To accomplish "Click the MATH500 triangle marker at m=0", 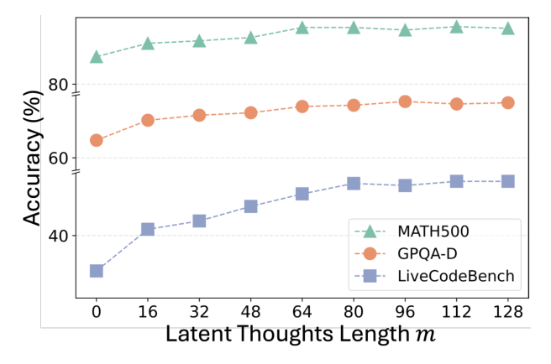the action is click(97, 57).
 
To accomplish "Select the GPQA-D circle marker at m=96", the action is click(405, 101).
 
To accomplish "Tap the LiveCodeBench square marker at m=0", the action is click(97, 271).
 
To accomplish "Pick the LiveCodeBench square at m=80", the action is click(354, 183).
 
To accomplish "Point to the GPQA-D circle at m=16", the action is click(148, 121).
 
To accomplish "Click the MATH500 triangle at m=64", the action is click(302, 28).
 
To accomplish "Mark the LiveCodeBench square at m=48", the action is click(250, 206).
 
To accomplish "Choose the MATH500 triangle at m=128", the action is click(508, 29).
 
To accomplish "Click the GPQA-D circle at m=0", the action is click(97, 140).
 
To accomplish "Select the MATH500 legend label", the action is click(433, 231).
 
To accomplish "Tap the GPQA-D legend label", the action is click(428, 253).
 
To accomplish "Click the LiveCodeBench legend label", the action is click(456, 276).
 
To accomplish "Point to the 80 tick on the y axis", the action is click(58, 85).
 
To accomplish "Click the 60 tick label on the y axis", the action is click(58, 159).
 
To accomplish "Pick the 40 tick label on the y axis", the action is click(58, 236).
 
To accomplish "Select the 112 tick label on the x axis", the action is click(456, 311).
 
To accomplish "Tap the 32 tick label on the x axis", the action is click(199, 311).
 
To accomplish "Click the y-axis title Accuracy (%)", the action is click(32, 158).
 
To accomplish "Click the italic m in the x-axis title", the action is click(426, 335).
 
